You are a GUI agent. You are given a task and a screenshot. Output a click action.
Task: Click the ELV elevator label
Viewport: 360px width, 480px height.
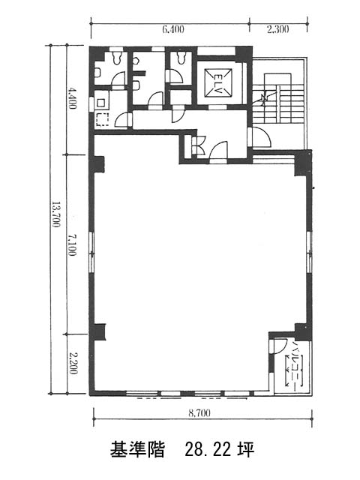(219, 82)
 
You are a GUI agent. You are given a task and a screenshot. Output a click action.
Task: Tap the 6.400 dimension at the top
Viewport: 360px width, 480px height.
(173, 29)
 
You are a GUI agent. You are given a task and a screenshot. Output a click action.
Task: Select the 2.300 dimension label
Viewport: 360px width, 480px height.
(278, 29)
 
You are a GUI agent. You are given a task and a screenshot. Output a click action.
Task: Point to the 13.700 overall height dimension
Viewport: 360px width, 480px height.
(55, 214)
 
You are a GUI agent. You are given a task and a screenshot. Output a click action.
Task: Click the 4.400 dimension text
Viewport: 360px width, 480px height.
(72, 98)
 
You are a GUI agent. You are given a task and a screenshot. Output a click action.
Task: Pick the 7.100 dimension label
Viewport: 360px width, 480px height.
(72, 245)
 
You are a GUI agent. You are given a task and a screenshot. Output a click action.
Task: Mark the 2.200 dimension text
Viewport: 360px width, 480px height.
(73, 363)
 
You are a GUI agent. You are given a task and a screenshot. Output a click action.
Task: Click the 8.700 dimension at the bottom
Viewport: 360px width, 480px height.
(199, 413)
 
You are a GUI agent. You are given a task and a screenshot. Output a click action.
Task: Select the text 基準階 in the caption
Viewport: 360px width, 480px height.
(137, 450)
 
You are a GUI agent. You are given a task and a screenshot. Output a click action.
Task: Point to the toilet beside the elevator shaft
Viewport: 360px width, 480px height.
(181, 58)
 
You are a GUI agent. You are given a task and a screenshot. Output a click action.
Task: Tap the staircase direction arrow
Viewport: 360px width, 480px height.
(264, 98)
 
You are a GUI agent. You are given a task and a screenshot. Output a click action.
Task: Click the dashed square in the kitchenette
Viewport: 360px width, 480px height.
(103, 120)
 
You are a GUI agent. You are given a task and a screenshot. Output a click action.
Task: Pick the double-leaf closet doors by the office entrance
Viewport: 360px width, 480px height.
(198, 145)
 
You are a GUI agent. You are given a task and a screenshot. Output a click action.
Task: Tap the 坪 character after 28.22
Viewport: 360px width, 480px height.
(246, 450)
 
